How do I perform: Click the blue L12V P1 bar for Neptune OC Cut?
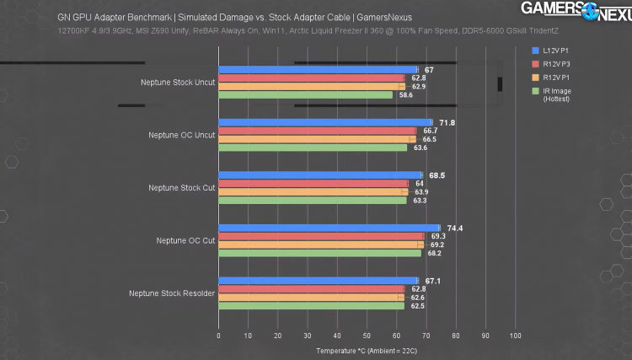(x=329, y=228)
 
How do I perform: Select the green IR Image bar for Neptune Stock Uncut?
(x=305, y=95)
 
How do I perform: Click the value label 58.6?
(x=406, y=95)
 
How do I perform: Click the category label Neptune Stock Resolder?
(x=172, y=293)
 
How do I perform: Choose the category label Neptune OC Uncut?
(x=181, y=135)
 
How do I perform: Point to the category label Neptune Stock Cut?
(x=181, y=188)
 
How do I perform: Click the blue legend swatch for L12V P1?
(x=535, y=51)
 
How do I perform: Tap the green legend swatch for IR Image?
(x=535, y=90)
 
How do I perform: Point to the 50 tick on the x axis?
(x=367, y=335)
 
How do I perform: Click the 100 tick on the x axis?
(x=515, y=335)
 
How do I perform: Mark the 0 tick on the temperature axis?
(x=219, y=335)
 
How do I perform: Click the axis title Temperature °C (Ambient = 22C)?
(x=367, y=350)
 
